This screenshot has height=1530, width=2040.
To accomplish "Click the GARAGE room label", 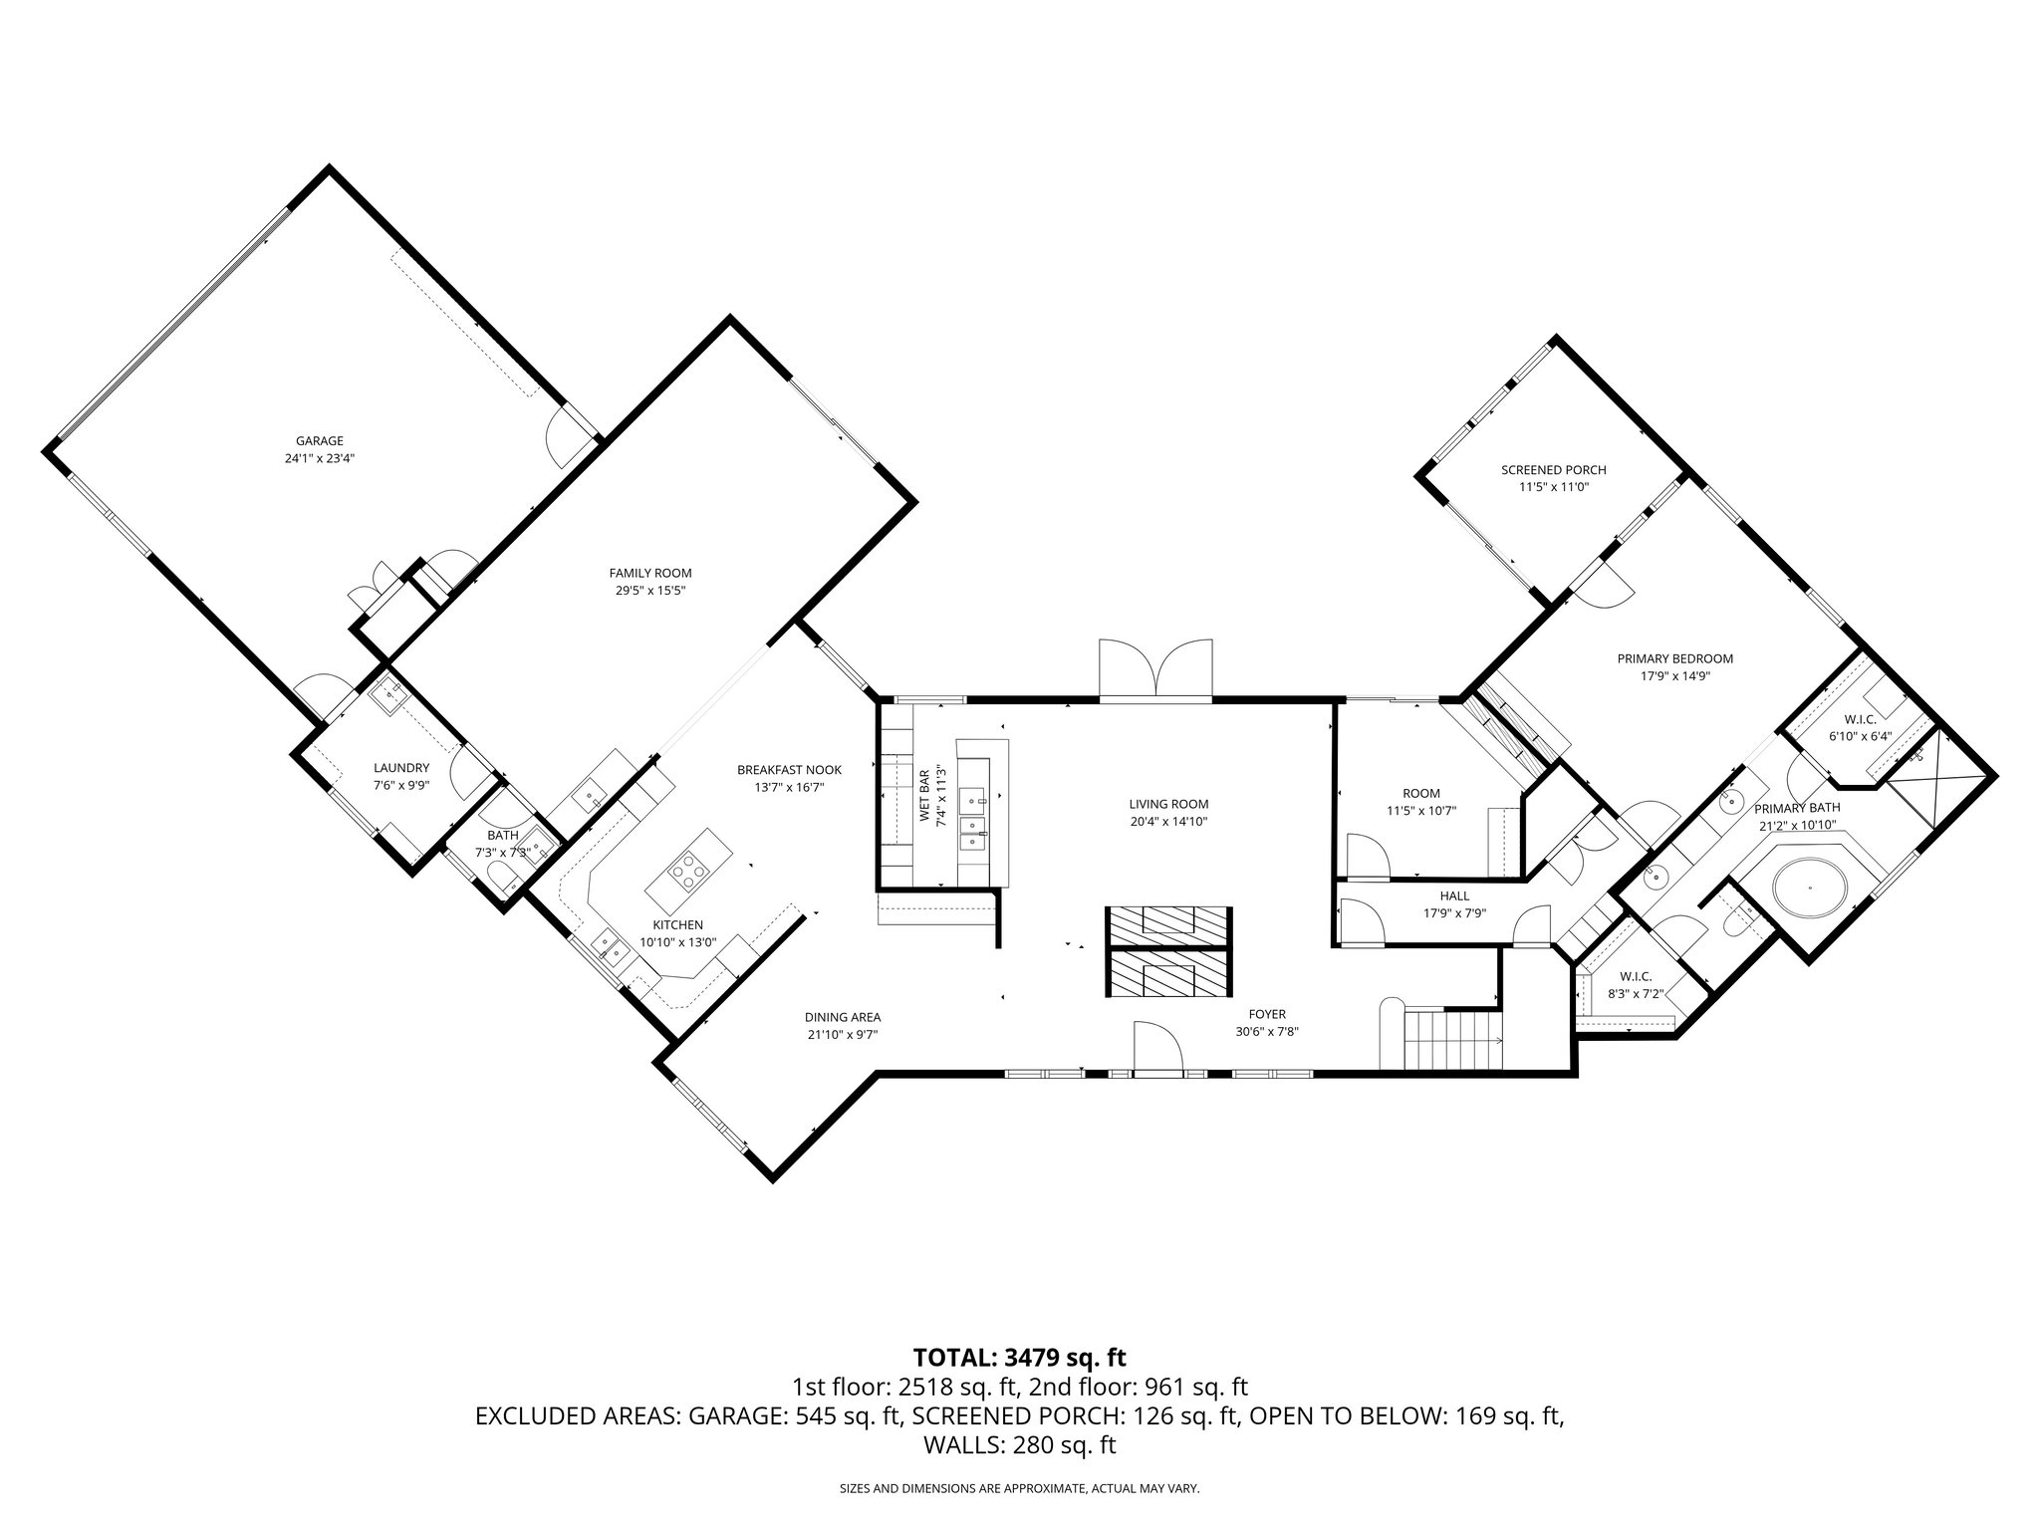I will (x=319, y=441).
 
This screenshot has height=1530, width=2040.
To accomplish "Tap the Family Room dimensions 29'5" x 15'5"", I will (x=649, y=591).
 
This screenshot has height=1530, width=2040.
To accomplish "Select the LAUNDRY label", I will (x=400, y=768).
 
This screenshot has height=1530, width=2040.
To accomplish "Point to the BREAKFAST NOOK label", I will (x=789, y=770).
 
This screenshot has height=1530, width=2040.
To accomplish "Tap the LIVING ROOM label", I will (x=1168, y=804).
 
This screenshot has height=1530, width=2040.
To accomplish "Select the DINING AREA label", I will (x=843, y=1017).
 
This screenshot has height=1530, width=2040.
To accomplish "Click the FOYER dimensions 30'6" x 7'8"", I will (x=1266, y=1032).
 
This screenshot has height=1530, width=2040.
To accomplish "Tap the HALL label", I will (x=1453, y=895).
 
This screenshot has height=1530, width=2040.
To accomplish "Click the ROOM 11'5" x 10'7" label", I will (x=1420, y=793).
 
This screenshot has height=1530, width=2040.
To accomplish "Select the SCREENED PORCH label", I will (x=1553, y=470).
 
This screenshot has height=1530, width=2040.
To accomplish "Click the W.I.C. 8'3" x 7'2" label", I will (x=1636, y=976).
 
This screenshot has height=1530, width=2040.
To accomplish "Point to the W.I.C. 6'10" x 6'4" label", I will (x=1860, y=719).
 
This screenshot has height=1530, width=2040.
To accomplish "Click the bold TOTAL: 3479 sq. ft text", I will (x=1019, y=1357).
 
